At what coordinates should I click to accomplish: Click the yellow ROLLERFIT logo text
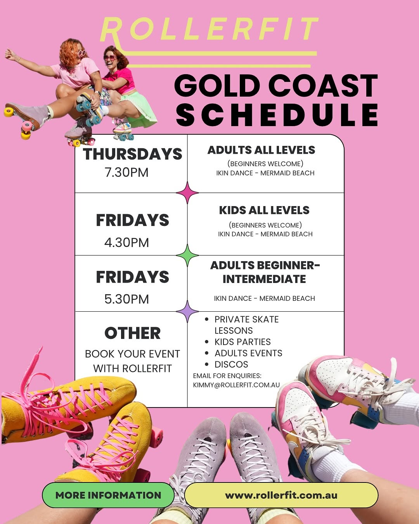coord(209,29)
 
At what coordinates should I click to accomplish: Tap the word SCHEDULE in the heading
coord(277,115)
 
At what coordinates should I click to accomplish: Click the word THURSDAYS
coord(132,154)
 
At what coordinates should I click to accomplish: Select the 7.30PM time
coord(126,172)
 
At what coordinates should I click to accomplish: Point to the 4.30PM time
coord(126,243)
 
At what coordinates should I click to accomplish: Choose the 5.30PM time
coord(126,299)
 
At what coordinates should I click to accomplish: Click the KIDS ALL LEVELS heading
coord(264,210)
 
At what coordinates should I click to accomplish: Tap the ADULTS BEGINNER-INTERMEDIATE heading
coord(265,272)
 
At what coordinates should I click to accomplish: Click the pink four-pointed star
coord(187,193)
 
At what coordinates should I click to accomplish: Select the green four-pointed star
coord(187,255)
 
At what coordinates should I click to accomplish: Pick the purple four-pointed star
coord(187,311)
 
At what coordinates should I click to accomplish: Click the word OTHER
coord(132,333)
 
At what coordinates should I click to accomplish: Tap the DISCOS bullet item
coord(231,364)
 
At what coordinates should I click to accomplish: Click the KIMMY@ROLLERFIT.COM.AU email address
coord(236,385)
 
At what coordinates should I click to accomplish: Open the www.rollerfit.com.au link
coord(281,495)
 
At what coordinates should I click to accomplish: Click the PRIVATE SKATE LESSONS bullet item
coord(246,325)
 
